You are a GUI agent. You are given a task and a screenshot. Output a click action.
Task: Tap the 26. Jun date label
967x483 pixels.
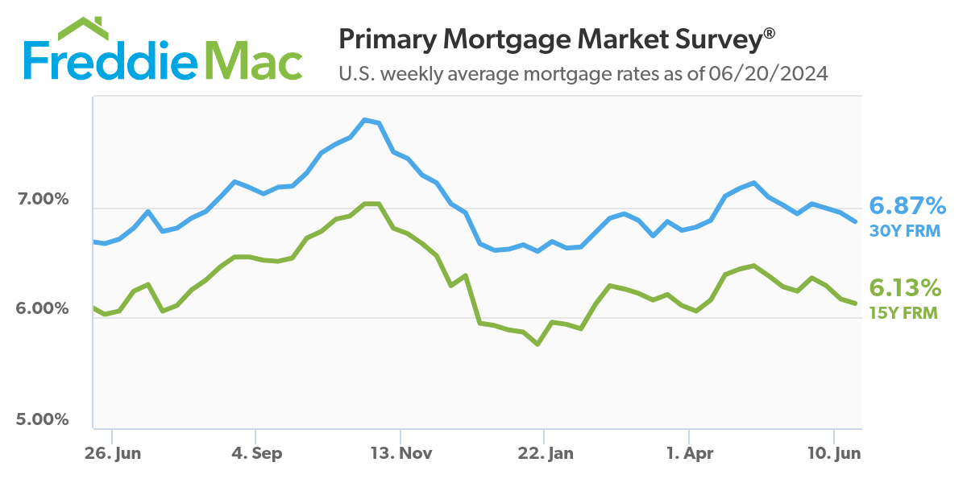pyautogui.click(x=113, y=453)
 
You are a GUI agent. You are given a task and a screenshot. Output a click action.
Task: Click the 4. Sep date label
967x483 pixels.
pyautogui.click(x=256, y=453)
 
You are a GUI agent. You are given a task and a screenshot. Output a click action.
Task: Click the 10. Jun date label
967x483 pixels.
pyautogui.click(x=833, y=453)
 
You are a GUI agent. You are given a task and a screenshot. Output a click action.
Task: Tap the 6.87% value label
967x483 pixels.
pyautogui.click(x=907, y=206)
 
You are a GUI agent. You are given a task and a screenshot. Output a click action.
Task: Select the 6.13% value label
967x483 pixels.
pyautogui.click(x=904, y=287)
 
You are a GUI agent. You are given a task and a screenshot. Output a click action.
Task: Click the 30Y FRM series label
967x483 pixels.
pyautogui.click(x=904, y=231)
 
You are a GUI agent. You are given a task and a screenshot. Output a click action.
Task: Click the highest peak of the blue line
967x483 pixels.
pyautogui.click(x=365, y=120)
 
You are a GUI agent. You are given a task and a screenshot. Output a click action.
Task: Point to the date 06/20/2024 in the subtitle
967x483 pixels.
pyautogui.click(x=768, y=74)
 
